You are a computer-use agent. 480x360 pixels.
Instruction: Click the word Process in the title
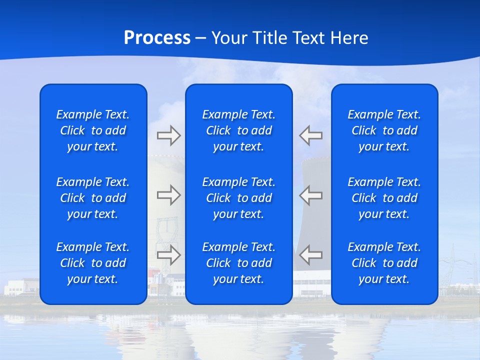(x=157, y=38)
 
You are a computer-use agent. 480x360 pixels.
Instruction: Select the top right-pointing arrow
(x=168, y=135)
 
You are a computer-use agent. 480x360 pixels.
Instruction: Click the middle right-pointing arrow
(x=168, y=195)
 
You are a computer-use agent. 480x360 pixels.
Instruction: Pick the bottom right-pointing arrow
(x=168, y=255)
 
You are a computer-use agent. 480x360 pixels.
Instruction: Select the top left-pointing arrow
(x=310, y=135)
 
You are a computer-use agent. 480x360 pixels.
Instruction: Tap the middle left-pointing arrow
(x=310, y=195)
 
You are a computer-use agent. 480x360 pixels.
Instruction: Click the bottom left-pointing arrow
(x=310, y=255)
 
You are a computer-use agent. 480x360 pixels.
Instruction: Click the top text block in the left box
(x=93, y=130)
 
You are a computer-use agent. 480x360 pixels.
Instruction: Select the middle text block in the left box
(x=93, y=198)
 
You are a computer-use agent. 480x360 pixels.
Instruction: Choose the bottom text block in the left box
(x=93, y=263)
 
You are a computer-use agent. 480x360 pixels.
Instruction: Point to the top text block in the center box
(x=238, y=130)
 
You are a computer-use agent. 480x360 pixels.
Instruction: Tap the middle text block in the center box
(x=238, y=198)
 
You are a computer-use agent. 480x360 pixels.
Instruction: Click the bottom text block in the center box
(x=238, y=263)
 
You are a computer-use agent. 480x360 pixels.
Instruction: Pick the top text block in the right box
(x=384, y=130)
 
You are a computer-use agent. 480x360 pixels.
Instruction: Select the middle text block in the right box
(x=384, y=198)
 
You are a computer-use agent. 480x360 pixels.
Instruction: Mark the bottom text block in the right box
(x=384, y=263)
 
